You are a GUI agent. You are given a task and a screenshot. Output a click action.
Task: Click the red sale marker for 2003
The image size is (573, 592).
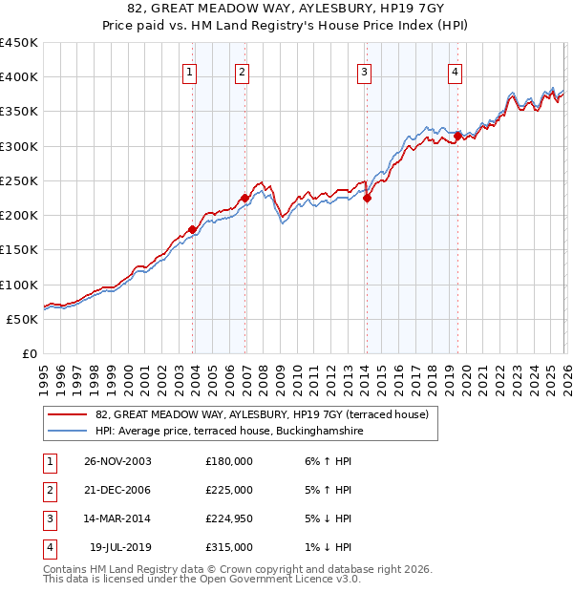[193, 229]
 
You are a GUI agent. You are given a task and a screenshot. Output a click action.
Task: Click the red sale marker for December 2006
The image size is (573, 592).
[244, 199]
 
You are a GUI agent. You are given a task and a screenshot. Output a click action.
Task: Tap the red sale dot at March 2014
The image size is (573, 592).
[367, 199]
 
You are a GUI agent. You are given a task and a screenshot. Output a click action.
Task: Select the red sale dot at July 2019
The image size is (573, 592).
[457, 137]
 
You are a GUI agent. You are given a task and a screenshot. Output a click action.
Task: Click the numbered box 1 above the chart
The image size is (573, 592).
[190, 72]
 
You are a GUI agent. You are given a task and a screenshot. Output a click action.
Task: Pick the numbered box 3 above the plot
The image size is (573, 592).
[364, 72]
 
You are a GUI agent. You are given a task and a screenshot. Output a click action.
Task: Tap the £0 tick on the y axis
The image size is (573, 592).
[29, 354]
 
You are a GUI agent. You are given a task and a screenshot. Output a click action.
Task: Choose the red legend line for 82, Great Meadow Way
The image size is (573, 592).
[67, 414]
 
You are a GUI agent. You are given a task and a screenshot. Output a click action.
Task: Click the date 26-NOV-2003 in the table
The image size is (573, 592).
[118, 461]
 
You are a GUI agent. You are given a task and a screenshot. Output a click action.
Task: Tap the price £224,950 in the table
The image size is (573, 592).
[229, 518]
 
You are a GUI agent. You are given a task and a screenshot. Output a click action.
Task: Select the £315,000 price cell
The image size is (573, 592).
[229, 547]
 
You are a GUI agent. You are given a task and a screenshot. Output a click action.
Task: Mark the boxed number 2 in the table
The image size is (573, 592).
[47, 490]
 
